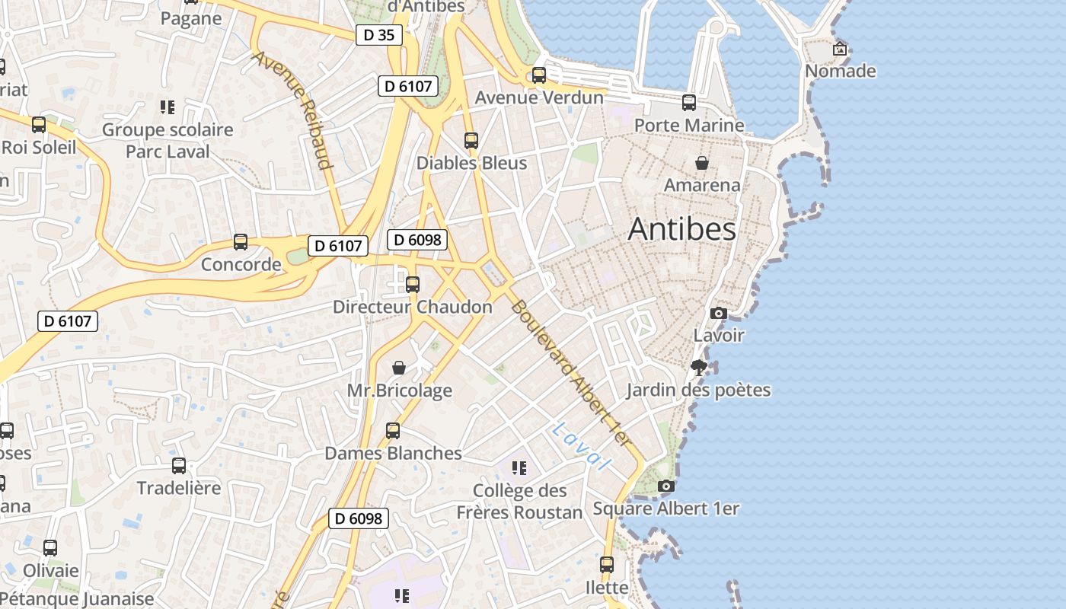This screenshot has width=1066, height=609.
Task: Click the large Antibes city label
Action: click(681, 229)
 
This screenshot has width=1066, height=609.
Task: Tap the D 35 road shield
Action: click(378, 34)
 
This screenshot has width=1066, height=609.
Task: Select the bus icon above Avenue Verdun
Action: click(539, 75)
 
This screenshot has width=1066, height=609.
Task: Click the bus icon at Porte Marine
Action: click(689, 102)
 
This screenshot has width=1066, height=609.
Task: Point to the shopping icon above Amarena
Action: click(702, 162)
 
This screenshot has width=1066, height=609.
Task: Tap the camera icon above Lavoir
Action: click(718, 313)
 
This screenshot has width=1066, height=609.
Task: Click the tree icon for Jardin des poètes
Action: click(698, 368)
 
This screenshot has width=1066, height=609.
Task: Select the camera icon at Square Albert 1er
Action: click(666, 486)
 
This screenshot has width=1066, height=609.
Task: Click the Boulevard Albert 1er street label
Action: click(571, 373)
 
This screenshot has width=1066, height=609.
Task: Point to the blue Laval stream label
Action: click(582, 445)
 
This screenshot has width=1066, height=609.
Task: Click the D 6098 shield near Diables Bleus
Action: click(417, 240)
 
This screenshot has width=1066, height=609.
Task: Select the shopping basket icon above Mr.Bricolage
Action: click(399, 368)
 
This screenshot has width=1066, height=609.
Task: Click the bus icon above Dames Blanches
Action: click(393, 431)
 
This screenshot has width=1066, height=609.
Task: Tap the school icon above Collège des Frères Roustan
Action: click(519, 467)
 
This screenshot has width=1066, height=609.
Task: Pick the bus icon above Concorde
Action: click(241, 242)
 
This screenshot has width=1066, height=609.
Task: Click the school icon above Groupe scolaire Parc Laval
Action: click(168, 107)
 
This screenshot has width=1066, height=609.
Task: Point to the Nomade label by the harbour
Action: click(841, 71)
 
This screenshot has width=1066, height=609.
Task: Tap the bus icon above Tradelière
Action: click(179, 465)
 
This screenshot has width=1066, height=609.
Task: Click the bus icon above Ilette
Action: click(607, 565)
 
